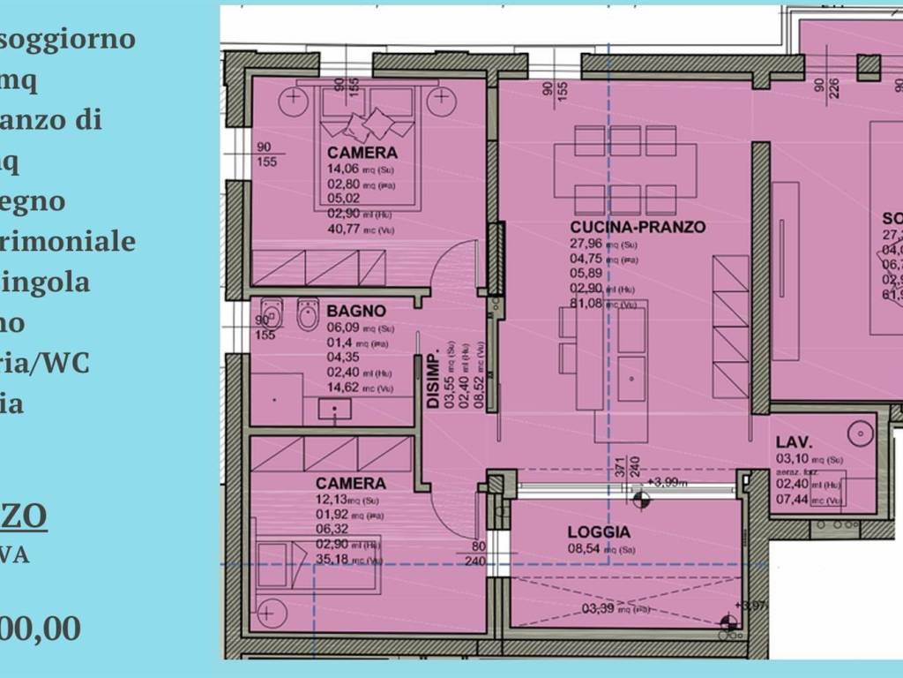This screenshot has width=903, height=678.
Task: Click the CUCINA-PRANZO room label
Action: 638,227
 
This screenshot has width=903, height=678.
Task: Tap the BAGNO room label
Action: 356,311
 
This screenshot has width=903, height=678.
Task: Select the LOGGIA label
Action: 599,532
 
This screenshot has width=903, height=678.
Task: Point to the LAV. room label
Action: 794,442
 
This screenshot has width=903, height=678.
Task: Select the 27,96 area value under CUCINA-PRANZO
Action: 585,244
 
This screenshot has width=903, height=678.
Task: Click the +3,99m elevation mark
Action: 672,482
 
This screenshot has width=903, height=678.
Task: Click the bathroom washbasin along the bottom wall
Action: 334,410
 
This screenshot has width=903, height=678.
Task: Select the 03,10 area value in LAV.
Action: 791,459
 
